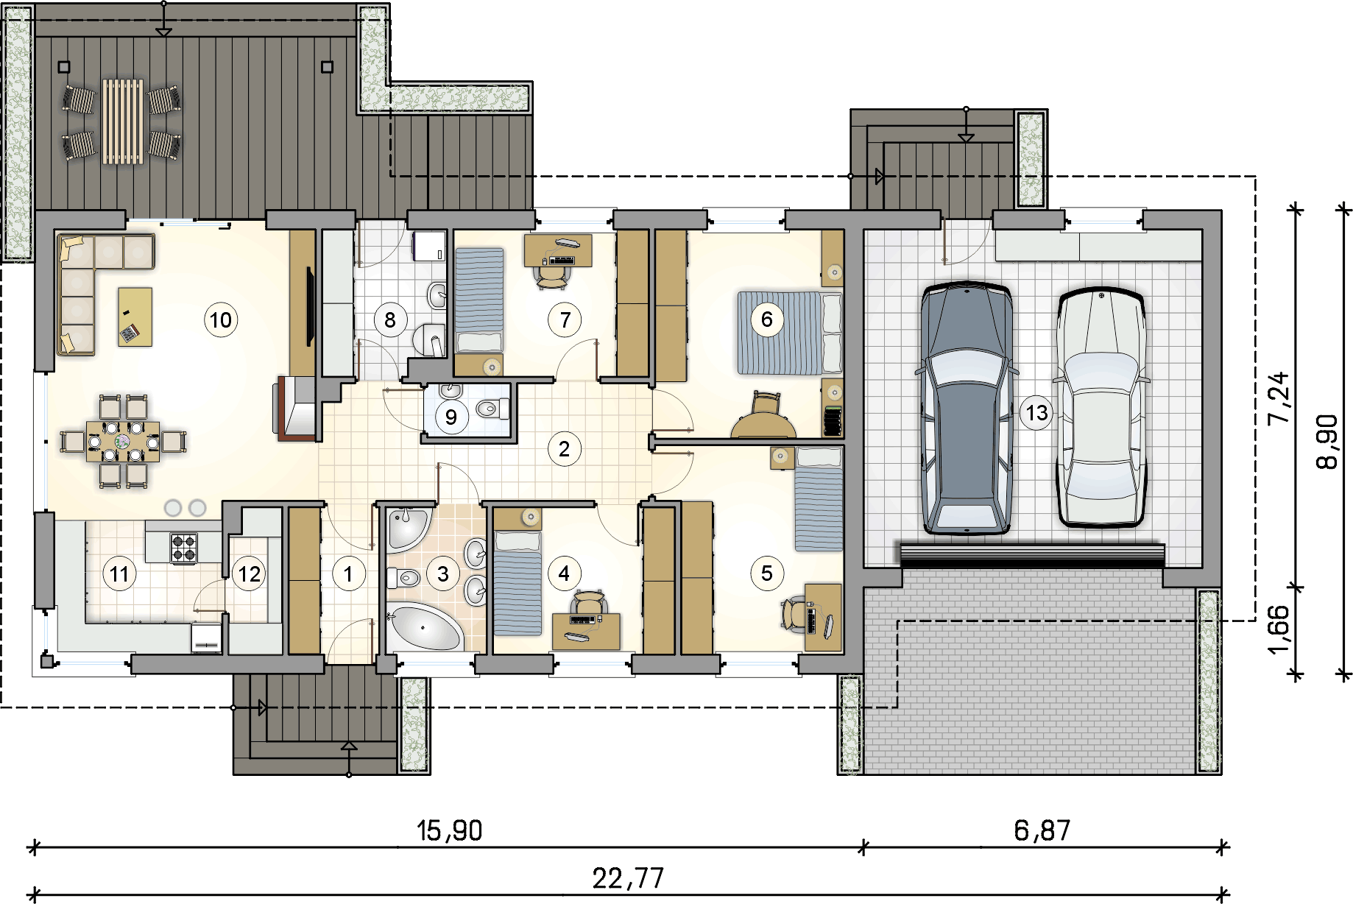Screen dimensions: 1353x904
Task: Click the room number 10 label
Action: click(x=221, y=320)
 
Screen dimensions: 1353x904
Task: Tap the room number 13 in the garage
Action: click(x=1036, y=413)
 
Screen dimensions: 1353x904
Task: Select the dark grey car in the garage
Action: click(x=967, y=407)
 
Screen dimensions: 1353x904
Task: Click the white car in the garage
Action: click(x=1101, y=407)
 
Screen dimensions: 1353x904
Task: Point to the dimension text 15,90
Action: click(x=449, y=831)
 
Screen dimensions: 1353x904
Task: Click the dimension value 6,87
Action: click(x=1042, y=831)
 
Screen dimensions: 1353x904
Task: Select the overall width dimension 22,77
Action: click(x=628, y=878)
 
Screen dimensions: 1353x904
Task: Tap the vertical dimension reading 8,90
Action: click(x=1326, y=442)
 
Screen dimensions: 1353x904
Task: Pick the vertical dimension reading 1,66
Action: click(x=1279, y=629)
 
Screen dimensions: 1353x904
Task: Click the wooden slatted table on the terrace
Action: click(x=123, y=121)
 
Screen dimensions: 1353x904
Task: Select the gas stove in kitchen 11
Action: click(x=184, y=548)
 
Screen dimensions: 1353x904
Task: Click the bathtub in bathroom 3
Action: click(x=424, y=626)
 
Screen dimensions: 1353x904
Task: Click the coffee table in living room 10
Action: click(x=135, y=317)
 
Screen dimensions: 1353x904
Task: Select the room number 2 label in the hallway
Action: click(x=564, y=449)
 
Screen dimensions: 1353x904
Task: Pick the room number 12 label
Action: click(x=249, y=573)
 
